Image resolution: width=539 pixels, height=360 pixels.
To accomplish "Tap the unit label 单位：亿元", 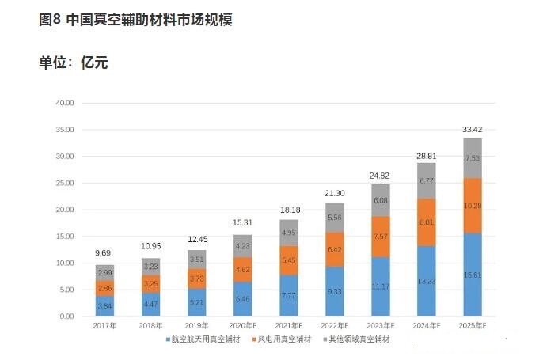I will tap(73, 63).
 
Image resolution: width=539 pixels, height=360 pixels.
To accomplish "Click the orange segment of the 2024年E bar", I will tap(427, 222).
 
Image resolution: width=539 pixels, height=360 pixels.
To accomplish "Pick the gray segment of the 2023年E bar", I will tap(381, 200).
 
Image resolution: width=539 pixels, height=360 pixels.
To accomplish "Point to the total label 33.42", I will tap(473, 128).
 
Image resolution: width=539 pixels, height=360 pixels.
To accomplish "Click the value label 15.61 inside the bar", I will tap(473, 274).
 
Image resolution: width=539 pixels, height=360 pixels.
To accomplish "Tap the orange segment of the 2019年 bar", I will tap(197, 279).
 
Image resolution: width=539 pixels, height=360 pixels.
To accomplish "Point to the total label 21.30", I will tap(335, 193).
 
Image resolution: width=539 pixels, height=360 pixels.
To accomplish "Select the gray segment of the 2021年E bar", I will tap(289, 233).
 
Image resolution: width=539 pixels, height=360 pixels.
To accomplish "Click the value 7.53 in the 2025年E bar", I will tap(473, 157).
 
